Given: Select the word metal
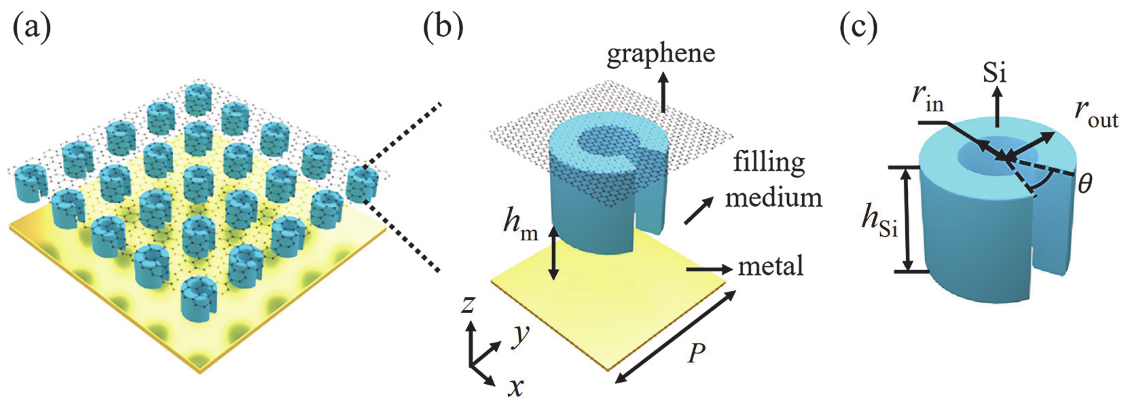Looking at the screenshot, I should [771, 266].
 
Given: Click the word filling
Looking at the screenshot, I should [769, 163].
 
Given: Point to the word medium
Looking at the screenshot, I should [773, 198].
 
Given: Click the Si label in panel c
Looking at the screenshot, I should [994, 73].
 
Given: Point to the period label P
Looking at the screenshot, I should [696, 353].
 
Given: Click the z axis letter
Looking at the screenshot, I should [468, 305].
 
